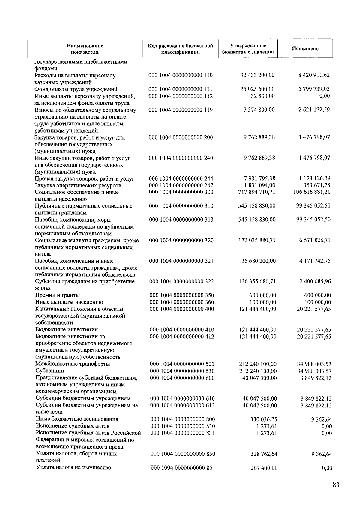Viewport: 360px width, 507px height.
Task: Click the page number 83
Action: (336, 485)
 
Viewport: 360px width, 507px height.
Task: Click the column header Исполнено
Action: (305, 49)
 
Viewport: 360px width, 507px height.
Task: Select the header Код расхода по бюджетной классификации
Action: (180, 49)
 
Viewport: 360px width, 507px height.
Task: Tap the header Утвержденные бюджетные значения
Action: (248, 49)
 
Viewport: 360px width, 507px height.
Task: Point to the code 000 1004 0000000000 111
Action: (181, 89)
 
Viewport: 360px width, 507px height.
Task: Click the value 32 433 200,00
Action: (257, 75)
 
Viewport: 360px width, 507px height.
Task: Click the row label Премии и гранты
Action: (58, 295)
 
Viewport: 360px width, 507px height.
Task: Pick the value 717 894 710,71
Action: (256, 192)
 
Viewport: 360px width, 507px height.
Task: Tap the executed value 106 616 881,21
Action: (312, 192)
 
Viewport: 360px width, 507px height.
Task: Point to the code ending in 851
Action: (183, 467)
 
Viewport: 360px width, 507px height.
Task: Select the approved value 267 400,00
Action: (264, 467)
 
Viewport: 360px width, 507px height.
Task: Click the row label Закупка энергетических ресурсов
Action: (78, 185)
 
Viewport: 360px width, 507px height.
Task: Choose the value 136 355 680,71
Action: (257, 281)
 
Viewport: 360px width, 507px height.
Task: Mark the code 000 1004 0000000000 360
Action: (182, 302)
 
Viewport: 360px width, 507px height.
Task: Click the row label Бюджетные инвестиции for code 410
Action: (67, 330)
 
